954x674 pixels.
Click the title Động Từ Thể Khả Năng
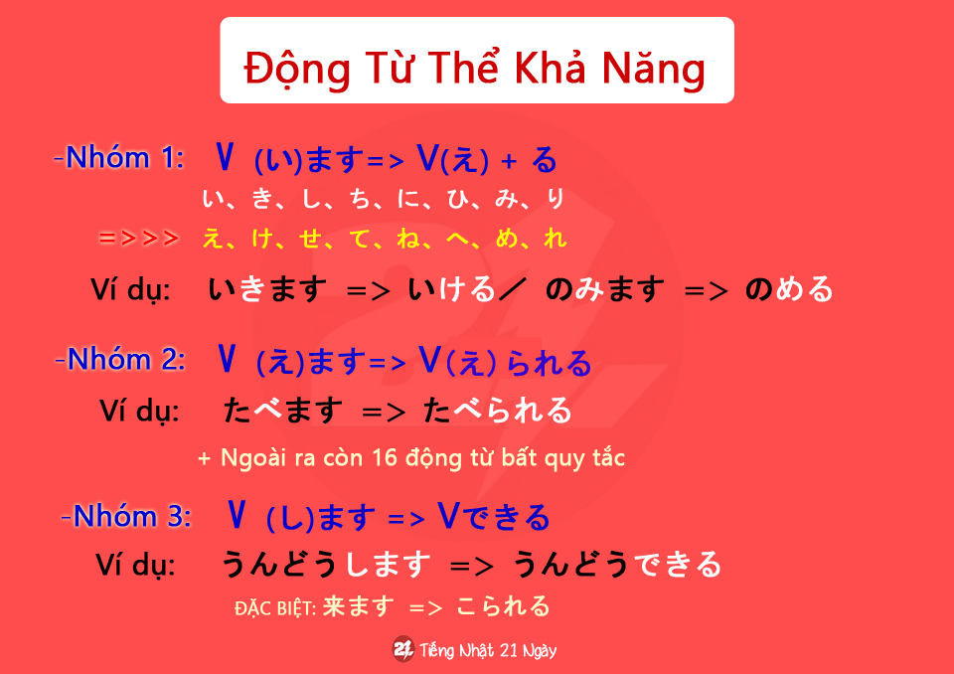click(x=475, y=69)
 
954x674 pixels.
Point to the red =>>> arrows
click(x=139, y=238)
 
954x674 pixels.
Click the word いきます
click(x=267, y=288)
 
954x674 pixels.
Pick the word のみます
click(x=605, y=288)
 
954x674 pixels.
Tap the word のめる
click(x=789, y=288)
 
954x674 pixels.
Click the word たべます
click(x=283, y=410)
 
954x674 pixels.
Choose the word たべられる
click(x=498, y=410)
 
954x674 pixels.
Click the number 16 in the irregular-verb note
click(x=385, y=457)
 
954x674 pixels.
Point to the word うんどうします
click(x=326, y=564)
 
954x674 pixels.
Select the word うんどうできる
click(x=617, y=564)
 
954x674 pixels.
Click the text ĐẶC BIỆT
click(x=275, y=608)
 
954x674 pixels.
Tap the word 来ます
click(x=359, y=606)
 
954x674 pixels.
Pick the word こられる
click(x=503, y=606)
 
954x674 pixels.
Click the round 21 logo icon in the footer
click(x=403, y=649)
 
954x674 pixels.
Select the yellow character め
click(x=506, y=238)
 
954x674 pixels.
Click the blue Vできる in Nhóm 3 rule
click(x=494, y=517)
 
